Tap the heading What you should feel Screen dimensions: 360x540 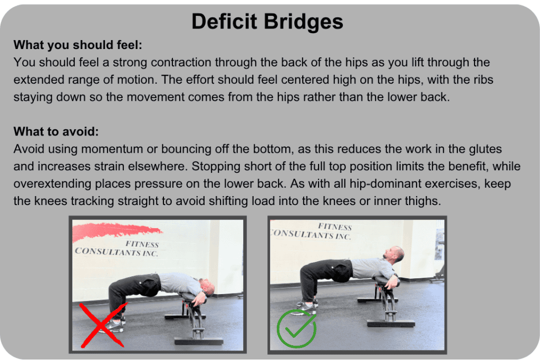click(78, 45)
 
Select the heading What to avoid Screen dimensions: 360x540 click(56, 131)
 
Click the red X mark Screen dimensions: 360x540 click(103, 324)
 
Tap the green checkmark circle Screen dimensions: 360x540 click(296, 328)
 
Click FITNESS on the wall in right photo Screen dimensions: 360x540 click(334, 227)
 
